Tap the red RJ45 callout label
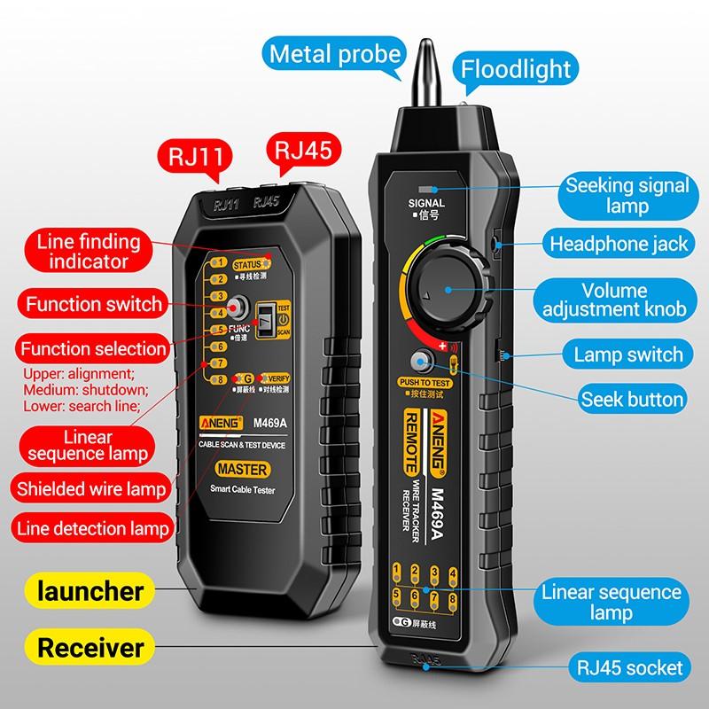pyautogui.click(x=303, y=149)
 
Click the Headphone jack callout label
pyautogui.click(x=619, y=243)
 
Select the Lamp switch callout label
pyautogui.click(x=628, y=354)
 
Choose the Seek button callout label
pyautogui.click(x=631, y=399)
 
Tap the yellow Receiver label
pyautogui.click(x=90, y=647)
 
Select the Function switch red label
pyautogui.click(x=93, y=304)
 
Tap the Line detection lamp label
pyautogui.click(x=91, y=528)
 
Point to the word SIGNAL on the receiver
pyautogui.click(x=426, y=203)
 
